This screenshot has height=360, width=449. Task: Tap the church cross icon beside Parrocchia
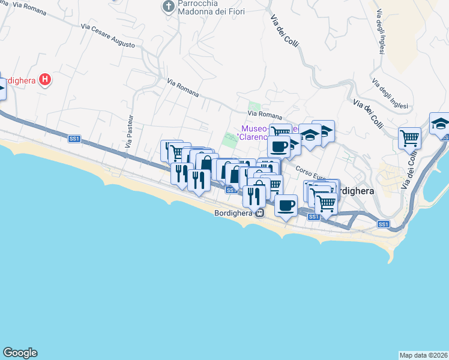[x=169, y=7]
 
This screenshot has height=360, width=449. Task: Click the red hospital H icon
[x=44, y=79]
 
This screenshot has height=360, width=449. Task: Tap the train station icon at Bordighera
[x=259, y=213]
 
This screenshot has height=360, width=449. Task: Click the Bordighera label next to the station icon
[x=234, y=213]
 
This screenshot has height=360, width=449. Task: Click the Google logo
[x=20, y=353]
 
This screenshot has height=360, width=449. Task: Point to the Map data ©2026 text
[x=423, y=355]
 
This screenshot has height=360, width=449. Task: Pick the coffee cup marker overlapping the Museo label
[x=279, y=146]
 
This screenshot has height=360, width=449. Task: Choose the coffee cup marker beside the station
[x=286, y=205]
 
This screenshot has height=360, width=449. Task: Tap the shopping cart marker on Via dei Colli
[x=409, y=138]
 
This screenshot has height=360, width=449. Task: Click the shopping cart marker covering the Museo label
[x=280, y=132]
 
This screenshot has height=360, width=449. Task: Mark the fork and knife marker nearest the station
[x=254, y=194]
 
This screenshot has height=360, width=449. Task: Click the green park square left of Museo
[x=231, y=139]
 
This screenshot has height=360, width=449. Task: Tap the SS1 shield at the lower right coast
[x=384, y=224]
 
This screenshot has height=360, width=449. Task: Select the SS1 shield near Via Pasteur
[x=74, y=139]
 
